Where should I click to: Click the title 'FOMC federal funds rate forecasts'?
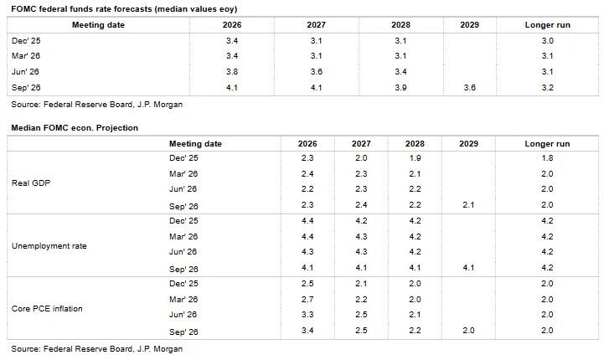tap(82, 9)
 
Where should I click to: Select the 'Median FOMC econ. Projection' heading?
tap(75, 128)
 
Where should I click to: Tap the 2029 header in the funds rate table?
tap(470, 25)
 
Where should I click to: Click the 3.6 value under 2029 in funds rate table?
tap(470, 87)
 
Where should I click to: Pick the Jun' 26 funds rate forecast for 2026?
tap(232, 72)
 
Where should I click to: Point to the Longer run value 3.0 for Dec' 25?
tap(548, 41)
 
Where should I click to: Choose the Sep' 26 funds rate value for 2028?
tap(400, 87)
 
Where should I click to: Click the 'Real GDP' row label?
tap(31, 183)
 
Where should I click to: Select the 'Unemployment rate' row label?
tap(49, 246)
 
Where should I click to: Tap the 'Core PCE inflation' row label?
tap(47, 309)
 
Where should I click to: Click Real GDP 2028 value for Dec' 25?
tap(415, 158)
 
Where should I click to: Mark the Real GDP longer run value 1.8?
tap(547, 158)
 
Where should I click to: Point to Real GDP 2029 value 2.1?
tap(468, 204)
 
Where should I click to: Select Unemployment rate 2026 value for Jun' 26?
tap(307, 252)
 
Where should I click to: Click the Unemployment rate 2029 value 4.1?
tap(468, 268)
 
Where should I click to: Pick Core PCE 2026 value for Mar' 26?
tap(307, 300)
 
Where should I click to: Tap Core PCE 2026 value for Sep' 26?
tap(307, 331)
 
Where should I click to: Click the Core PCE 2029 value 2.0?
tap(468, 331)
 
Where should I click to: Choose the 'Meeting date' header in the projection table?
tap(195, 144)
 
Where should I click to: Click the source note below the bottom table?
tap(96, 349)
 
